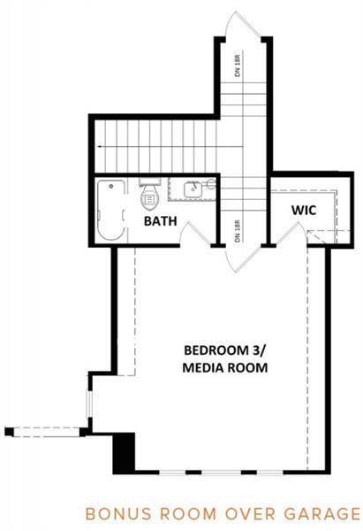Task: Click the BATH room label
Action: tap(160, 221)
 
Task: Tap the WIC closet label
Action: tap(304, 211)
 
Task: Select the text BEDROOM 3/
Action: tap(224, 350)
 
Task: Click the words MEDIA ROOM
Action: tap(225, 368)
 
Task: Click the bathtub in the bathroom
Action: tap(111, 211)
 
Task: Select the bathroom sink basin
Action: tap(193, 189)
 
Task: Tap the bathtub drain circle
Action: tap(111, 186)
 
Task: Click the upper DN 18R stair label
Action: tap(238, 65)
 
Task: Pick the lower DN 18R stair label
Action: tap(238, 231)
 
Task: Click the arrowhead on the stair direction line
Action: tap(99, 147)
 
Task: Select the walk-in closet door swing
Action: tap(291, 234)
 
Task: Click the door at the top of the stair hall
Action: tap(244, 26)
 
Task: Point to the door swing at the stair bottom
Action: tap(244, 259)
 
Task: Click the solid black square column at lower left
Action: tap(124, 453)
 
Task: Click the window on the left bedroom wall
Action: tap(89, 404)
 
